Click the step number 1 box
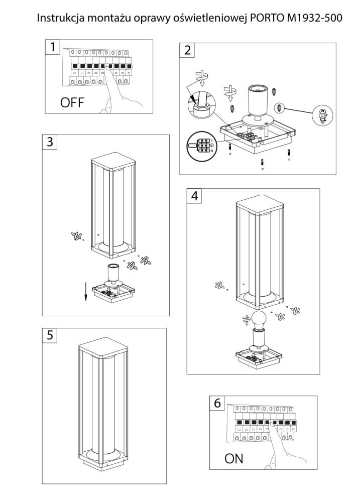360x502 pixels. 52,47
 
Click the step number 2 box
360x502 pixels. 187,50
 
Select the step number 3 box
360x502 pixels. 49,142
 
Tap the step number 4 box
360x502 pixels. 194,196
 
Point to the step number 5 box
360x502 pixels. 49,335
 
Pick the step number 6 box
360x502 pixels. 217,403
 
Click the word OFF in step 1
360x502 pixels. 72,103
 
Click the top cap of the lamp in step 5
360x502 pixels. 104,351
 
